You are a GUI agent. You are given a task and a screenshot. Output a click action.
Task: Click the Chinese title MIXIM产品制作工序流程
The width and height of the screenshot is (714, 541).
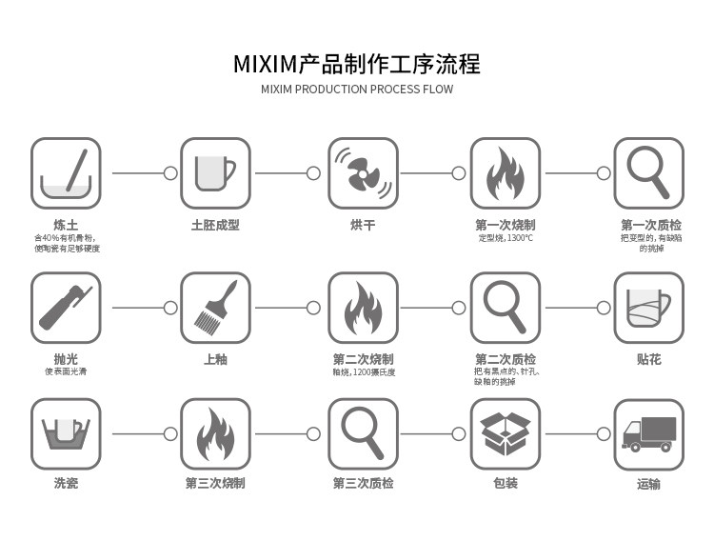coord(357,64)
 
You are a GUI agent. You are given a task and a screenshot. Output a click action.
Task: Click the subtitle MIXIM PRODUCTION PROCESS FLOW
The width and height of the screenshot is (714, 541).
coord(357,90)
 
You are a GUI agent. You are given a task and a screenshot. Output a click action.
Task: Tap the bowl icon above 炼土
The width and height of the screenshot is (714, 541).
coord(66,173)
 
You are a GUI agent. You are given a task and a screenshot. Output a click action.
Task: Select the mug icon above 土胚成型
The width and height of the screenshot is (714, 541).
coord(215,173)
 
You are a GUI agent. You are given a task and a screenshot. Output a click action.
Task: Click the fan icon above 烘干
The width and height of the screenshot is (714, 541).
coord(363,173)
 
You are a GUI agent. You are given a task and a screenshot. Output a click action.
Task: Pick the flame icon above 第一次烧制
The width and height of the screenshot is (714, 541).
coord(506,173)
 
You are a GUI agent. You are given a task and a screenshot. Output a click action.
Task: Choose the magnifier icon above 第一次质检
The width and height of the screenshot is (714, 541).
coord(648,173)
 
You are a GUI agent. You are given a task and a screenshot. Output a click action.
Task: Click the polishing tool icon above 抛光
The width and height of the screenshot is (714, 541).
coord(66,308)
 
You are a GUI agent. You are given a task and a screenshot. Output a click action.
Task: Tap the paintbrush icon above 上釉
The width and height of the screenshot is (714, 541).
coord(215,308)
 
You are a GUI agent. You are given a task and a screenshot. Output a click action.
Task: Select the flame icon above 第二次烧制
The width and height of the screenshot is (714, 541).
coord(363,308)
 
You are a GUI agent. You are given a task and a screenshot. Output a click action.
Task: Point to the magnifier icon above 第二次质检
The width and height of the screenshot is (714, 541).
coord(506,308)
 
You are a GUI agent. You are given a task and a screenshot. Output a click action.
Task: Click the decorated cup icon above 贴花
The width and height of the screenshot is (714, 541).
coord(648,308)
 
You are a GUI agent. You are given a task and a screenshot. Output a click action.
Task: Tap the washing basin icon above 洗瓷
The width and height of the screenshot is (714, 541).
coord(66,433)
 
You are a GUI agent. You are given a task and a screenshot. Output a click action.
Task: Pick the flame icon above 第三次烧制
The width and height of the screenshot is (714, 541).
coord(215,433)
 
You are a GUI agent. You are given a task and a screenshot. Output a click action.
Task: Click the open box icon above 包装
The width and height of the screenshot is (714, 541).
coord(506,433)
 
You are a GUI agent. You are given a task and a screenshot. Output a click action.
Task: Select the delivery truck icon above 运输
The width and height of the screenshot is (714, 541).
coord(648,433)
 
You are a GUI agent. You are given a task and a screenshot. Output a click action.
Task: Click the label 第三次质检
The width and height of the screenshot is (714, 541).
coord(363,484)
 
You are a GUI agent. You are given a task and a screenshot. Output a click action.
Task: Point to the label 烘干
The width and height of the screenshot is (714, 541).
coord(363,225)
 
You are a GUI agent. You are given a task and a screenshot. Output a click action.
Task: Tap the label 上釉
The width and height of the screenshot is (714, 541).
coord(215,360)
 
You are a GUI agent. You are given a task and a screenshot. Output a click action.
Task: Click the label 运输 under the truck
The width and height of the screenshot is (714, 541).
coord(648,484)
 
